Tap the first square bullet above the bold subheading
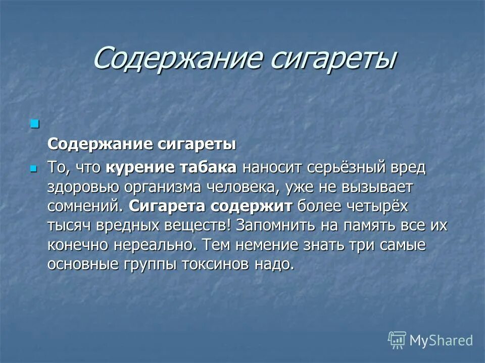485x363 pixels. (x=34, y=124)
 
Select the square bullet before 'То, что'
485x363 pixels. (x=34, y=168)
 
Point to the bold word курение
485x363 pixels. (x=137, y=168)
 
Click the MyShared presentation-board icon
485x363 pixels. (x=397, y=340)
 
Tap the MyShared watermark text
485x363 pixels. (x=441, y=341)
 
